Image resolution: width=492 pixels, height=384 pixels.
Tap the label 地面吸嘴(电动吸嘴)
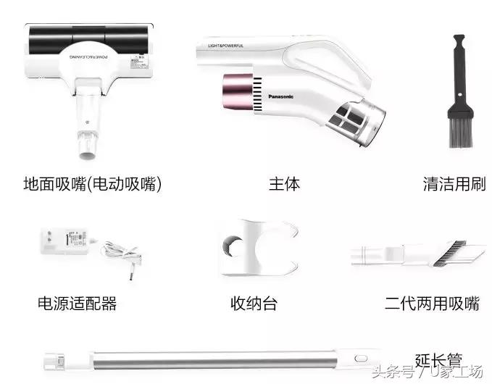pos(92,184)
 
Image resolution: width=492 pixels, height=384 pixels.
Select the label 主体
pos(285,184)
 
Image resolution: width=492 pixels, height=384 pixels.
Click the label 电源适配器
pos(77,303)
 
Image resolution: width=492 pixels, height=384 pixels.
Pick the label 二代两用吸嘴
pos(432,303)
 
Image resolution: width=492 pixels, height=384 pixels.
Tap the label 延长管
pos(438,359)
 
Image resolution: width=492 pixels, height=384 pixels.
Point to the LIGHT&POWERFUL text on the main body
pos(226,46)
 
